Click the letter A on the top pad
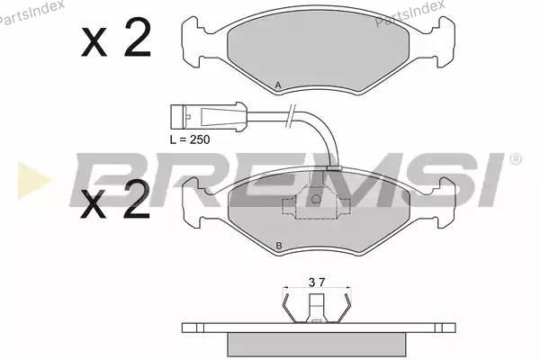click(278, 85)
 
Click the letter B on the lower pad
click(279, 246)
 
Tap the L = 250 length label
click(190, 139)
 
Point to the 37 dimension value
click(317, 283)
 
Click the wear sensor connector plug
click(209, 117)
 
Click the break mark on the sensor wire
click(291, 116)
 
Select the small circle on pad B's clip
click(316, 199)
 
